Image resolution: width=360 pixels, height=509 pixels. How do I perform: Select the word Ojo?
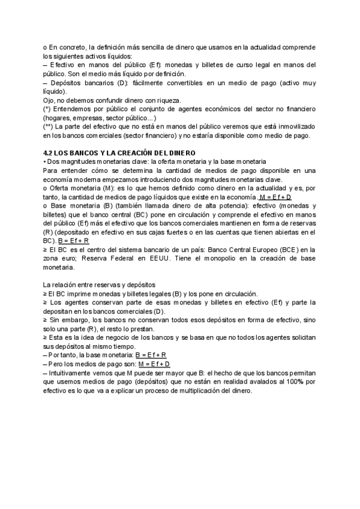coord(49,100)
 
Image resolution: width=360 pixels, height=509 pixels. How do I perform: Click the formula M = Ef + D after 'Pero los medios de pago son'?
coord(154,364)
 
